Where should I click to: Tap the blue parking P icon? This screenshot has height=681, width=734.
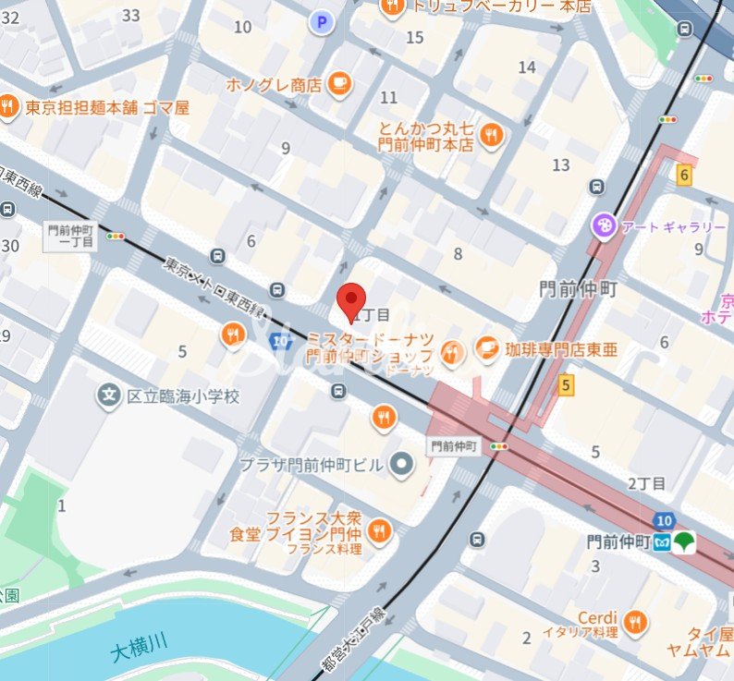pyautogui.click(x=322, y=22)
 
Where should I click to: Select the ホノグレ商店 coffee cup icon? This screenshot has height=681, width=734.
pyautogui.click(x=339, y=84)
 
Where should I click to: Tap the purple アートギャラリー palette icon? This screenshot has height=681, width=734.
pyautogui.click(x=603, y=225)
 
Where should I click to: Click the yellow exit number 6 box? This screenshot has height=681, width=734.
pyautogui.click(x=684, y=175)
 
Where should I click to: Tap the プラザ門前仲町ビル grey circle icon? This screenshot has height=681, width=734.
pyautogui.click(x=401, y=464)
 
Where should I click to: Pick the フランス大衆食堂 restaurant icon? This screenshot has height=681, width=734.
pyautogui.click(x=378, y=530)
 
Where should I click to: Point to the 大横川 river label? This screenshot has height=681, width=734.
pyautogui.click(x=140, y=649)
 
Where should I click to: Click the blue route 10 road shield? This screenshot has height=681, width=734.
pyautogui.click(x=662, y=520)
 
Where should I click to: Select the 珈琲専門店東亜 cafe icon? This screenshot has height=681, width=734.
pyautogui.click(x=487, y=349)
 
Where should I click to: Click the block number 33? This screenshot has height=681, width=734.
pyautogui.click(x=131, y=15)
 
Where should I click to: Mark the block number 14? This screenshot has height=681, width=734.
pyautogui.click(x=527, y=67)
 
